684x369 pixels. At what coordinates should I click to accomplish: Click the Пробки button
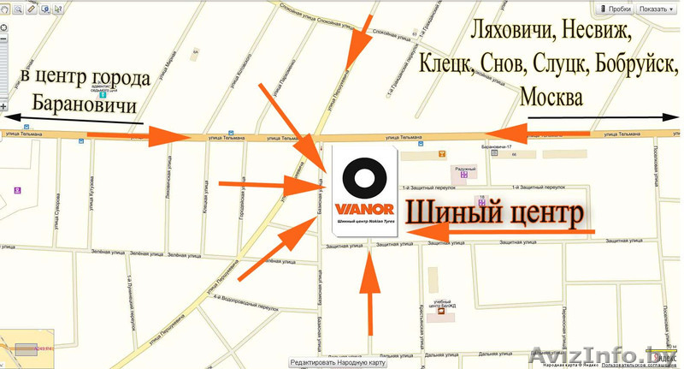615,8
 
